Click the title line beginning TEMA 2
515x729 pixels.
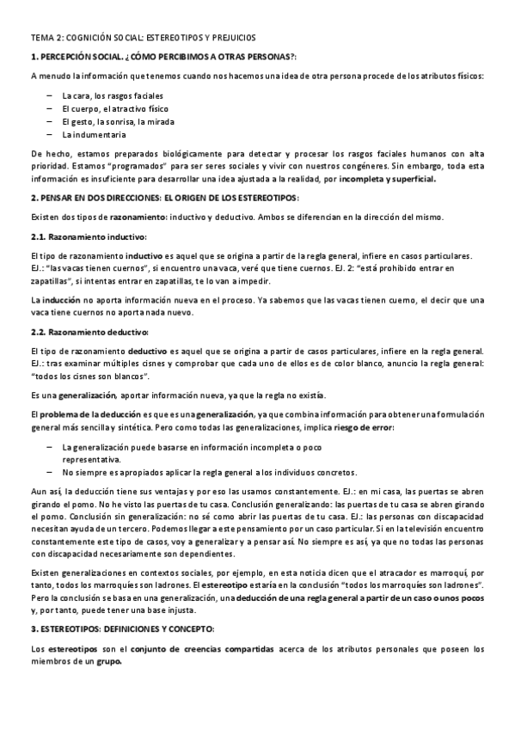click(x=143, y=38)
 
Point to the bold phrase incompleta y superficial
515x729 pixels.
click(x=388, y=180)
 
